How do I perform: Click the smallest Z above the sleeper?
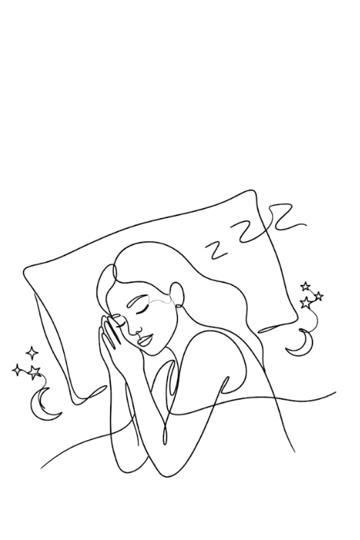217,250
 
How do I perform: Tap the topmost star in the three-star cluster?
305,286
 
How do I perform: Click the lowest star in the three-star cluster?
305,302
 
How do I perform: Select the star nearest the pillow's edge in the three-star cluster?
305,302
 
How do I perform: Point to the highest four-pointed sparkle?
32,353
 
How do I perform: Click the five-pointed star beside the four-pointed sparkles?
34,372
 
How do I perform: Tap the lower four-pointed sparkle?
17,370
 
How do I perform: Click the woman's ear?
178,294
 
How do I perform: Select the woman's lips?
145,341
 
